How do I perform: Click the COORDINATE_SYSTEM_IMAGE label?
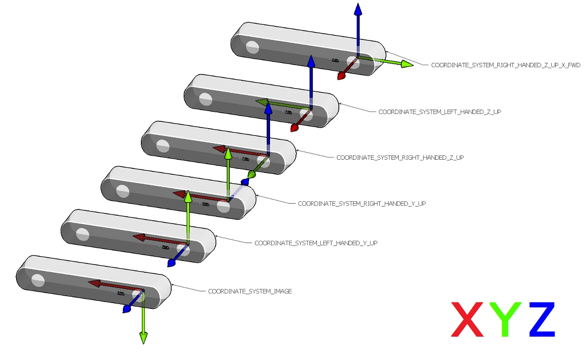coord(250,291)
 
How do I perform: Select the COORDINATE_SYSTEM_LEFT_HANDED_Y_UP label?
coord(316,243)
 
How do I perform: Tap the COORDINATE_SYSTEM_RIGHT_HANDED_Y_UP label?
coord(362,204)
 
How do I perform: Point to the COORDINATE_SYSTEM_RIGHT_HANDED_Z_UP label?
coord(400,158)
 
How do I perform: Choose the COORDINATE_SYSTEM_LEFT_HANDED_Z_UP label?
coord(440,112)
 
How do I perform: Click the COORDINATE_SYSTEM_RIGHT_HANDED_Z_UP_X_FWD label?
coord(506,65)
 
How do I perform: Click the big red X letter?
coord(468,319)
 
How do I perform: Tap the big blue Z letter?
coord(542,319)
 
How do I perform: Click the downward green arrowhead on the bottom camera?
coord(143,337)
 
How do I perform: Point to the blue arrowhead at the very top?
coord(358,10)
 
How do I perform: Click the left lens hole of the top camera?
coord(252,47)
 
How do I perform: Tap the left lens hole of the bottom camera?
coord(38,280)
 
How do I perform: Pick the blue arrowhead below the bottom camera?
coord(127,309)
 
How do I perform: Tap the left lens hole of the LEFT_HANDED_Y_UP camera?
coord(82,234)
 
